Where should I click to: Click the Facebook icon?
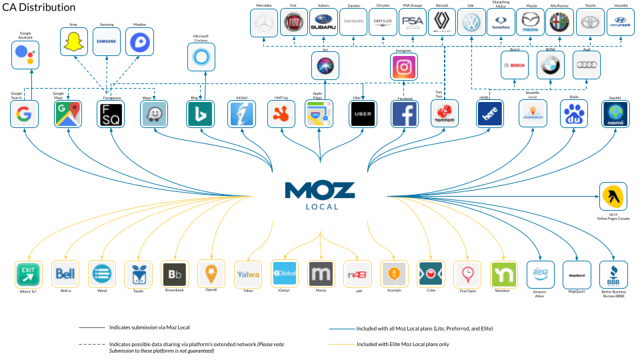pos(405,114)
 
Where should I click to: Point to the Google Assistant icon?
pos(25,55)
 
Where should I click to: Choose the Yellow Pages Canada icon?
pos(613,196)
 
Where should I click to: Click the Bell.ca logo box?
pos(65,274)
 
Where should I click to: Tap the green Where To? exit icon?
pos(29,274)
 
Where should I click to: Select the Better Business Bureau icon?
pos(613,274)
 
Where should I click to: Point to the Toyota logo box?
pos(591,23)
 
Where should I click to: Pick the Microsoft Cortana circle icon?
pos(201,58)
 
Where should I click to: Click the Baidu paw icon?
pos(574,114)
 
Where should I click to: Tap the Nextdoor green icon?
pos(503,274)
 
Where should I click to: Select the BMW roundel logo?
pos(550,65)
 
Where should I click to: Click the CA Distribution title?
pos(38,7)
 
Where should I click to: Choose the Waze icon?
pos(154,114)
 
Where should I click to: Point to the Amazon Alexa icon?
pos(540,274)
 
